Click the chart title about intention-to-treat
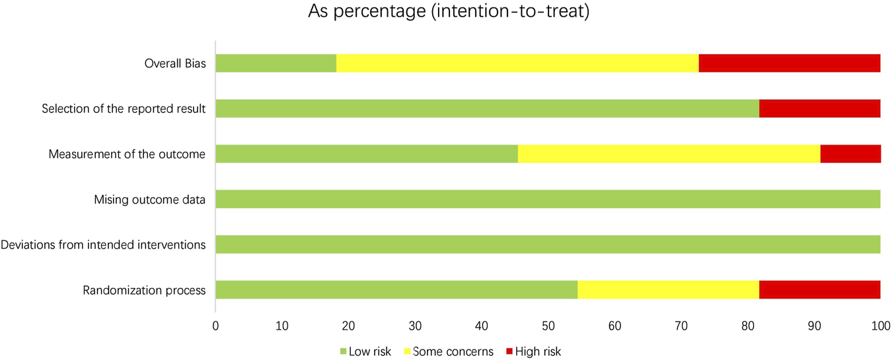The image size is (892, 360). click(448, 13)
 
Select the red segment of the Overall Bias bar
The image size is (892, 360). click(789, 63)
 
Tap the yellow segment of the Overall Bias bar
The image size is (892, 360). click(517, 63)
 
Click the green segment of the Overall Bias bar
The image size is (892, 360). click(276, 63)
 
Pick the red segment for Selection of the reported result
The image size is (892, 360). click(819, 108)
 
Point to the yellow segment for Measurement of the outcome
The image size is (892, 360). click(669, 154)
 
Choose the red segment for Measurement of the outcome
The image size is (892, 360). click(850, 154)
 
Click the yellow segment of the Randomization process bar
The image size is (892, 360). click(668, 290)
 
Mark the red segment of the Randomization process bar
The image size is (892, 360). click(819, 290)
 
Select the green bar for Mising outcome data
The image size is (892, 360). click(548, 199)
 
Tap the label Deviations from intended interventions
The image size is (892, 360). click(103, 245)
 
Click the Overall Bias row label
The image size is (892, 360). click(175, 64)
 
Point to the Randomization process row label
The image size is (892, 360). click(144, 291)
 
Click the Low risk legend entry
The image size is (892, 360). click(365, 351)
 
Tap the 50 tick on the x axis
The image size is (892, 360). click(548, 326)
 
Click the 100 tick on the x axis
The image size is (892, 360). click(879, 326)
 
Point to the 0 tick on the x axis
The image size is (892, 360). click(215, 326)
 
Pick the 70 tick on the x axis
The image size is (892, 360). click(681, 326)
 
